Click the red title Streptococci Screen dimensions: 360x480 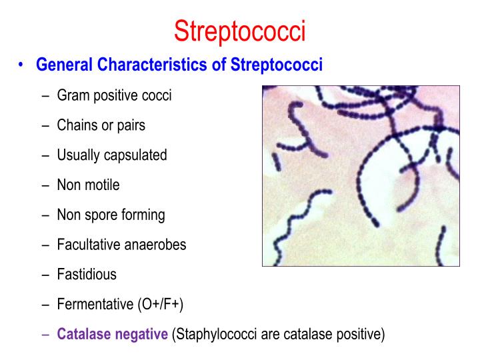click(239, 31)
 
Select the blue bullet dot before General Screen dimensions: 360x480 click(22, 65)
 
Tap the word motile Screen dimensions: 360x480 click(103, 185)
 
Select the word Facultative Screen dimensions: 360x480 click(89, 245)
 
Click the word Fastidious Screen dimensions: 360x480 click(87, 274)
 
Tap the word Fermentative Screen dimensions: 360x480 click(95, 304)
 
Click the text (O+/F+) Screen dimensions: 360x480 click(160, 304)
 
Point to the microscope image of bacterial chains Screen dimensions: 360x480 click(361, 176)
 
